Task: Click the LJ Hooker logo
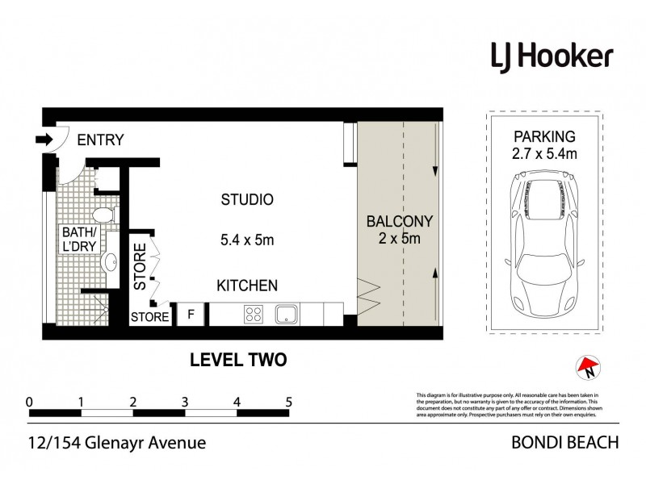(552, 56)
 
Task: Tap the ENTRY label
(100, 140)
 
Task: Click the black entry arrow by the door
(44, 140)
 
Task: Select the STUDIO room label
(247, 199)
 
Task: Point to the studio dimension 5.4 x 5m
(247, 240)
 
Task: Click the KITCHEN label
(247, 286)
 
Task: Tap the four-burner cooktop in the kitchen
(252, 313)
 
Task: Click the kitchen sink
(287, 313)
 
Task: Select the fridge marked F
(191, 315)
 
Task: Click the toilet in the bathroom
(103, 215)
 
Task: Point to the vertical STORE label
(141, 266)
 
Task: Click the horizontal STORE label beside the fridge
(150, 317)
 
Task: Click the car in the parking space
(543, 250)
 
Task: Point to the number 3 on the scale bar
(185, 401)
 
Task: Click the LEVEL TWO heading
(237, 360)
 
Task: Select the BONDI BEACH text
(565, 442)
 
